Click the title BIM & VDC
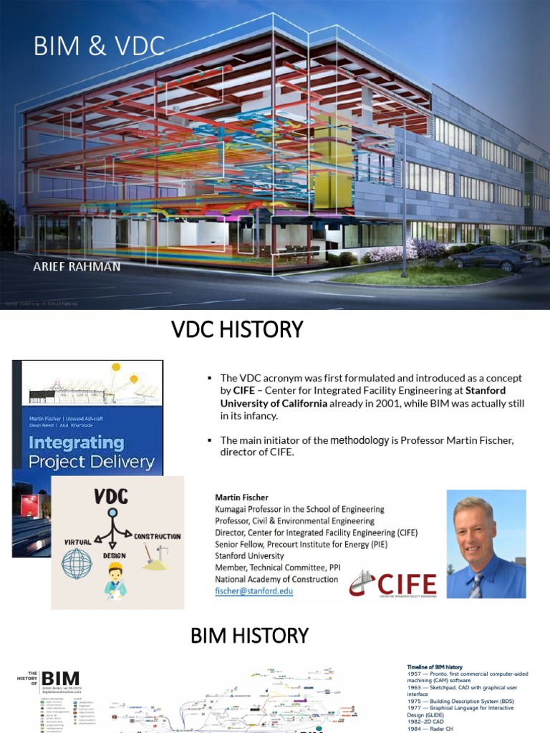[99, 47]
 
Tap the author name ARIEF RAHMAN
[77, 266]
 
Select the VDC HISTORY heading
[237, 330]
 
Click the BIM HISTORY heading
[249, 635]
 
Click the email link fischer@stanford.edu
[254, 591]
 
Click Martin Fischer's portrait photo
[486, 544]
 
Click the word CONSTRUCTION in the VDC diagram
[157, 535]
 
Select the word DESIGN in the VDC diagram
[115, 555]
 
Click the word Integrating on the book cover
[77, 442]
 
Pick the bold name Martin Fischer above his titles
[241, 497]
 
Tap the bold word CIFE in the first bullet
[244, 391]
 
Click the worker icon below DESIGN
[115, 580]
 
